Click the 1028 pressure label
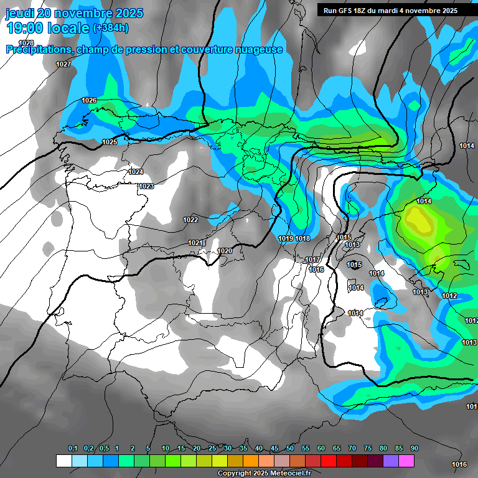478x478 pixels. click(26, 43)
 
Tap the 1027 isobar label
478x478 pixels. click(63, 65)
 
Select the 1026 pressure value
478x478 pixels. click(89, 100)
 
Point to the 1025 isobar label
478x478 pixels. click(110, 142)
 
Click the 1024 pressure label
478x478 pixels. click(136, 172)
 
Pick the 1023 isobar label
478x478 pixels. click(146, 186)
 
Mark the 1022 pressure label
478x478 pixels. click(190, 220)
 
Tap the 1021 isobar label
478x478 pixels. click(195, 243)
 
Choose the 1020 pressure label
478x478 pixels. click(225, 251)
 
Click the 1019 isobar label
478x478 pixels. click(286, 238)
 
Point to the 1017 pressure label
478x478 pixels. click(312, 260)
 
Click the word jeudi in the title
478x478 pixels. click(19, 13)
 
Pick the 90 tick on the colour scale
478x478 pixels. click(414, 448)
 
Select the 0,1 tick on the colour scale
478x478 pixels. click(72, 448)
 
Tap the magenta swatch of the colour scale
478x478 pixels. click(406, 461)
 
